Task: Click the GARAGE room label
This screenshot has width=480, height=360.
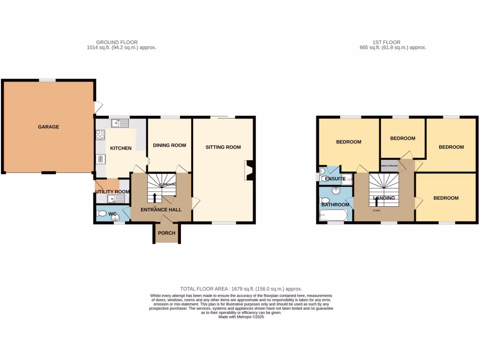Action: point(49,127)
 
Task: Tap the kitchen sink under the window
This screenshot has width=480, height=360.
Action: point(120,123)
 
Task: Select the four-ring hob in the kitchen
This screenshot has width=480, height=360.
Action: point(100,135)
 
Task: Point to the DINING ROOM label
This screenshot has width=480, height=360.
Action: point(169,145)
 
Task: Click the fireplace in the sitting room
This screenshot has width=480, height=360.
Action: point(249,170)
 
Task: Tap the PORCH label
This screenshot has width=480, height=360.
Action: point(166,233)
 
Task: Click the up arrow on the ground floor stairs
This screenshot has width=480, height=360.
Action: point(155,196)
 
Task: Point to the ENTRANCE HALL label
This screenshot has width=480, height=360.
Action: point(161,210)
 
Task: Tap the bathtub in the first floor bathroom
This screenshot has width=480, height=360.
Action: point(333,216)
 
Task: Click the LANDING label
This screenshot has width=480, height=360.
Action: point(383,198)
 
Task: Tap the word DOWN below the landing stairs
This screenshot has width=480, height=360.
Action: point(376,210)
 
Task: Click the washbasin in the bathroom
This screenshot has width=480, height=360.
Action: point(335,191)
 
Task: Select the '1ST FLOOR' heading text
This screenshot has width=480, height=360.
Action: point(387,42)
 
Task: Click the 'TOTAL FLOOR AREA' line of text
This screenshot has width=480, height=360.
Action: point(241,289)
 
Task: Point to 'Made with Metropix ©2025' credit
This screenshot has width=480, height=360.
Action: point(241,317)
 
